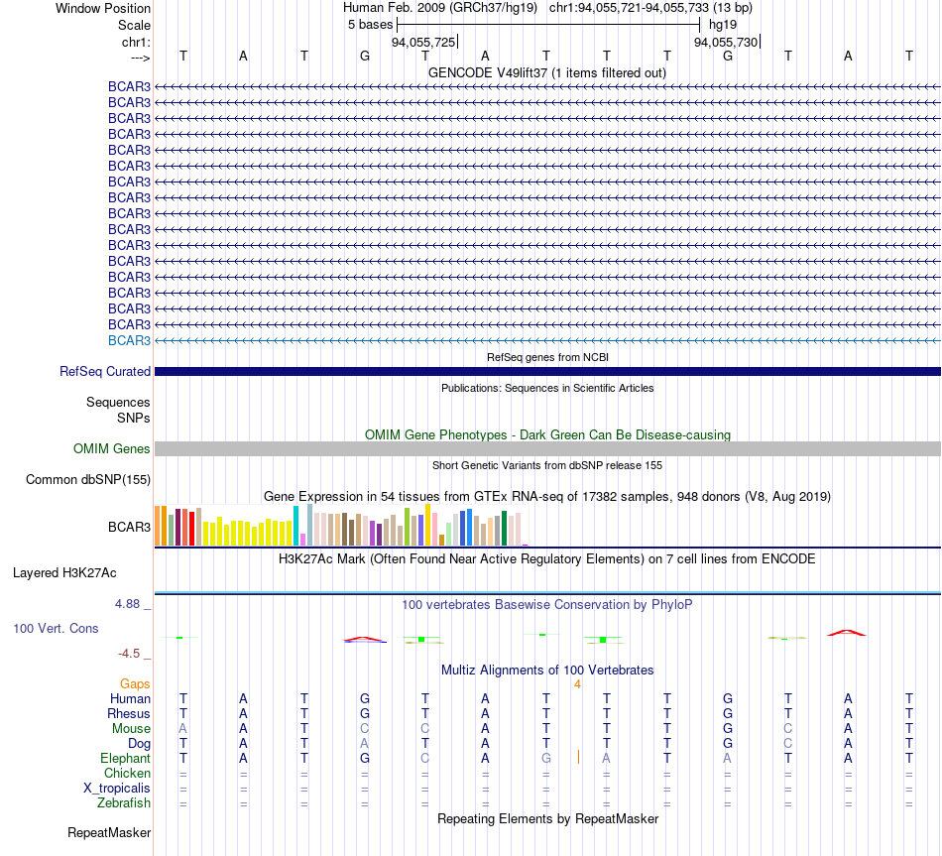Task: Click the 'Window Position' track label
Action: pyautogui.click(x=103, y=8)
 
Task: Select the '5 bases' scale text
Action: pyautogui.click(x=370, y=25)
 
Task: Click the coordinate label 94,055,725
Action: pyautogui.click(x=423, y=42)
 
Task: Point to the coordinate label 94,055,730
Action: pyautogui.click(x=726, y=42)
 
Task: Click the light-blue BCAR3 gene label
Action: pyautogui.click(x=129, y=341)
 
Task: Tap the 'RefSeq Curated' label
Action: pyautogui.click(x=105, y=372)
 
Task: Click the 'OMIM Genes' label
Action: pyautogui.click(x=112, y=449)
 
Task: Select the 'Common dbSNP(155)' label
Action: pyautogui.click(x=88, y=480)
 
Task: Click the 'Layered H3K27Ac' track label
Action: pyautogui.click(x=64, y=573)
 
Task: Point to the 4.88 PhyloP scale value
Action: pyautogui.click(x=127, y=604)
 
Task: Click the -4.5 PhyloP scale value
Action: pyautogui.click(x=129, y=654)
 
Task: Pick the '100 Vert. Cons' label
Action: pyautogui.click(x=56, y=629)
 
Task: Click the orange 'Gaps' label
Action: pyautogui.click(x=135, y=684)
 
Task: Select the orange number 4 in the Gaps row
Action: pyautogui.click(x=577, y=684)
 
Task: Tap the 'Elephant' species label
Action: pyautogui.click(x=126, y=759)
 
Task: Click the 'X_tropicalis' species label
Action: pyautogui.click(x=117, y=789)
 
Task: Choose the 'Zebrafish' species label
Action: pyautogui.click(x=124, y=803)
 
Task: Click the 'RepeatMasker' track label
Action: pyautogui.click(x=109, y=833)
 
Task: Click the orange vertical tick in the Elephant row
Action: pyautogui.click(x=578, y=757)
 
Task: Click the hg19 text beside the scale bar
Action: pyautogui.click(x=723, y=25)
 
